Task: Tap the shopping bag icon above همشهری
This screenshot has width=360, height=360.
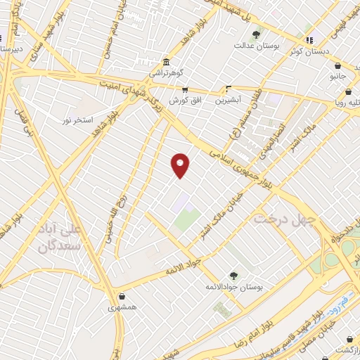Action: [123, 296]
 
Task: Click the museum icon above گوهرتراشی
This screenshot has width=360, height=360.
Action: [165, 61]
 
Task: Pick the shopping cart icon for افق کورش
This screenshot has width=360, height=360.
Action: [186, 89]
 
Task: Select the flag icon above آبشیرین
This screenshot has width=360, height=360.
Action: [228, 89]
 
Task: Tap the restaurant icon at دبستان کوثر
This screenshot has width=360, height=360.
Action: [310, 39]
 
